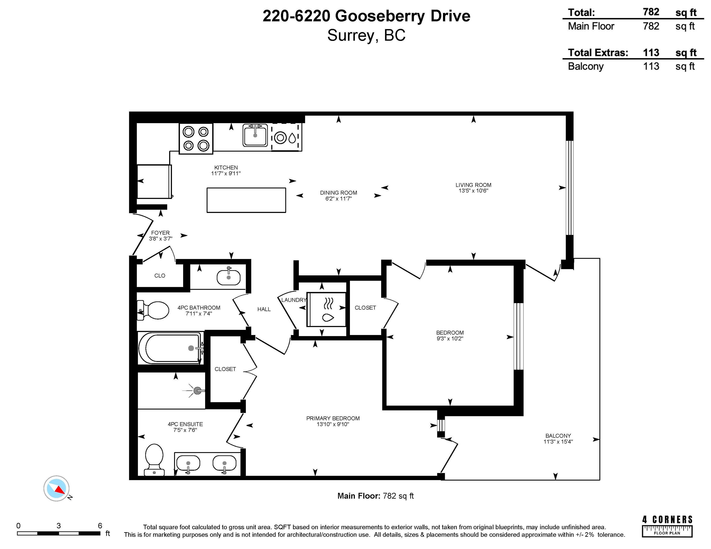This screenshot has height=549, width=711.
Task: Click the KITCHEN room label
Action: pyautogui.click(x=226, y=168)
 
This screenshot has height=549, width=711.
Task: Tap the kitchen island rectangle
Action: pyautogui.click(x=246, y=200)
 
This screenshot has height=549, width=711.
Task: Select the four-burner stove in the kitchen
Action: pyautogui.click(x=196, y=138)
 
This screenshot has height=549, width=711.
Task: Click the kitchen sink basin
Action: pyautogui.click(x=255, y=136)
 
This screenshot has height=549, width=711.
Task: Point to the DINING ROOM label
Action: pyautogui.click(x=339, y=193)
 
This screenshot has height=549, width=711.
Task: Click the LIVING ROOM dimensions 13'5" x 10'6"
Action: pyautogui.click(x=473, y=191)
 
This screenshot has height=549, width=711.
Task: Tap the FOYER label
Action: pyautogui.click(x=161, y=233)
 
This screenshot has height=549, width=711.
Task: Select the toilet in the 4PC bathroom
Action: pyautogui.click(x=153, y=310)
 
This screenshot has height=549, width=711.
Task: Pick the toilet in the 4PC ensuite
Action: pyautogui.click(x=154, y=460)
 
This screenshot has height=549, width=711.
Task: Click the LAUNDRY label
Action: pyautogui.click(x=294, y=300)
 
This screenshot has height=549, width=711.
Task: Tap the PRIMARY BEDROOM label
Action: pyautogui.click(x=333, y=418)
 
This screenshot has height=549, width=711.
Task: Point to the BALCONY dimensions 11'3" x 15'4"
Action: pyautogui.click(x=558, y=441)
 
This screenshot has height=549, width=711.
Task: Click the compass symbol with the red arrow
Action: pyautogui.click(x=57, y=488)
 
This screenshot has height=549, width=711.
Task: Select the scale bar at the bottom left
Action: pyautogui.click(x=59, y=533)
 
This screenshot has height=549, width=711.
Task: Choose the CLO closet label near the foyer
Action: pyautogui.click(x=160, y=275)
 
